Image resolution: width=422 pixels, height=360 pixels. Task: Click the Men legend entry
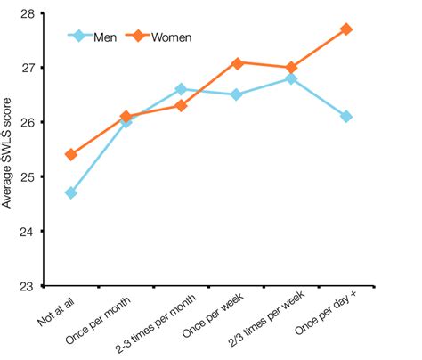105,37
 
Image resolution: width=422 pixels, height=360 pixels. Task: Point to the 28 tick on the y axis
29,13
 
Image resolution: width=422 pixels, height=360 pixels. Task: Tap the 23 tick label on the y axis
29,286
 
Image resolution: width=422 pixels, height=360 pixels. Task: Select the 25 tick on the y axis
29,177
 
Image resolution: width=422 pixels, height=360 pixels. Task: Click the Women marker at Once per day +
346,29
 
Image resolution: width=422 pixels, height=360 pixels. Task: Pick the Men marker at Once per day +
346,117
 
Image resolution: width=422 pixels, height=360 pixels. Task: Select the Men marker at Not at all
71,192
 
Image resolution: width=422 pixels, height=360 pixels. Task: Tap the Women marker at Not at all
71,154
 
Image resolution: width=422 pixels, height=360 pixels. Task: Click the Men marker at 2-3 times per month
181,89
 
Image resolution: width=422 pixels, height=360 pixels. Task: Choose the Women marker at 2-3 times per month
181,105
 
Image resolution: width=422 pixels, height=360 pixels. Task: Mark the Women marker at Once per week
236,62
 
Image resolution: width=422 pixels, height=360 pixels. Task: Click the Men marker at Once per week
236,94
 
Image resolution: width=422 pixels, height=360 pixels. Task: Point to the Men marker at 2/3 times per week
291,78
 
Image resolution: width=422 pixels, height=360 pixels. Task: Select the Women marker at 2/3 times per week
291,68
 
